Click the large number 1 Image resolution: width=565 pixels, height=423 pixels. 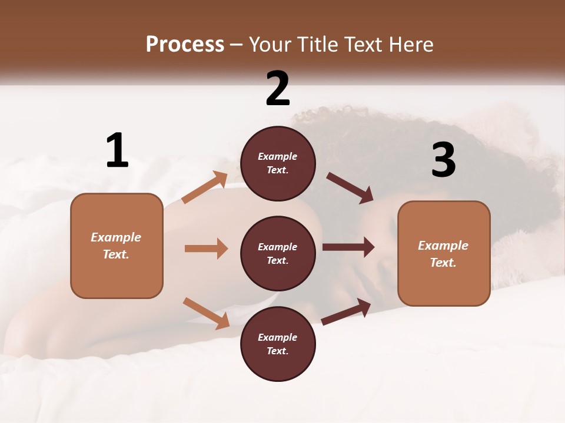[117, 150]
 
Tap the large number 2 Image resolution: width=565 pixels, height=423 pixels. [278, 88]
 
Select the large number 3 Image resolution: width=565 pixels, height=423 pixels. [443, 160]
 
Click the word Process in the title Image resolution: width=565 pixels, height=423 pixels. [185, 44]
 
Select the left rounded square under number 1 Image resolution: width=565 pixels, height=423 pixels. [117, 246]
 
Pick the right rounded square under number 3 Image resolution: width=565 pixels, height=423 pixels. [444, 254]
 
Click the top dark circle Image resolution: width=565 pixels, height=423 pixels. [278, 163]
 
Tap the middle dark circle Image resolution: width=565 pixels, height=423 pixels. [278, 254]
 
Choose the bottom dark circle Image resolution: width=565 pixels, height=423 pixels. [278, 344]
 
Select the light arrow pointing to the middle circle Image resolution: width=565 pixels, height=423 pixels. [206, 249]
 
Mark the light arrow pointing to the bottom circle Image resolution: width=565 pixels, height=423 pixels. [207, 313]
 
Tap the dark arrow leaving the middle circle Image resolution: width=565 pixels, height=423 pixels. [348, 247]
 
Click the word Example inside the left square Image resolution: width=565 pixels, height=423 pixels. [116, 237]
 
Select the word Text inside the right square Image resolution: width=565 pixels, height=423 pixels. [443, 263]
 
